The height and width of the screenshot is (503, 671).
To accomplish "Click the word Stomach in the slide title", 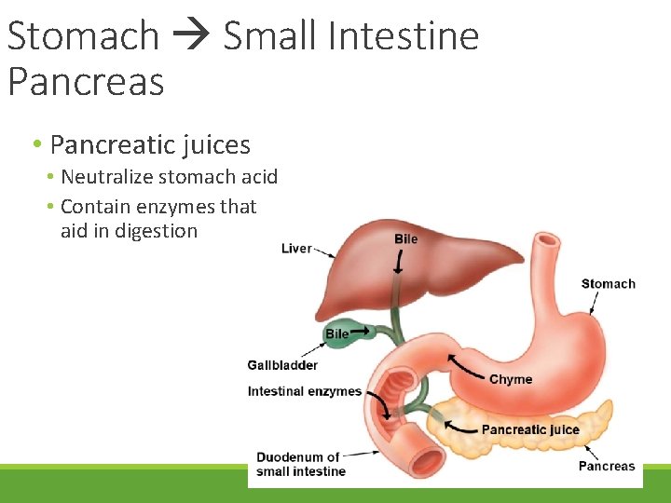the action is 83,36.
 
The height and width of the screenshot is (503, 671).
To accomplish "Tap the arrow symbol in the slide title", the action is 190,37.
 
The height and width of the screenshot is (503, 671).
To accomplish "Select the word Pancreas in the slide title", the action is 86,81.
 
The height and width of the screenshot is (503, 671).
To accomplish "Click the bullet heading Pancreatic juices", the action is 150,144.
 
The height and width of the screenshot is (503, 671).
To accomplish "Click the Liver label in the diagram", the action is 296,248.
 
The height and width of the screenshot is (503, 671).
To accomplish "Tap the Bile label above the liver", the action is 406,238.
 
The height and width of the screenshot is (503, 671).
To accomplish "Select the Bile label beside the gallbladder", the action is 336,333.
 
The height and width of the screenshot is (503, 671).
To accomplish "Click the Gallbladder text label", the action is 282,365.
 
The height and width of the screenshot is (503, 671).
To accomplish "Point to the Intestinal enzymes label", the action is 304,391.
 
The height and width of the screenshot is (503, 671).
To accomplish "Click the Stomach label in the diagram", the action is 608,284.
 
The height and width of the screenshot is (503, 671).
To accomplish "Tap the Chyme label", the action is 511,379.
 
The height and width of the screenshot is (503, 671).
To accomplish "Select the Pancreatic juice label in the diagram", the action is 529,429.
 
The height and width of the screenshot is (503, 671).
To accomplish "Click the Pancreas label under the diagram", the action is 606,466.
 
